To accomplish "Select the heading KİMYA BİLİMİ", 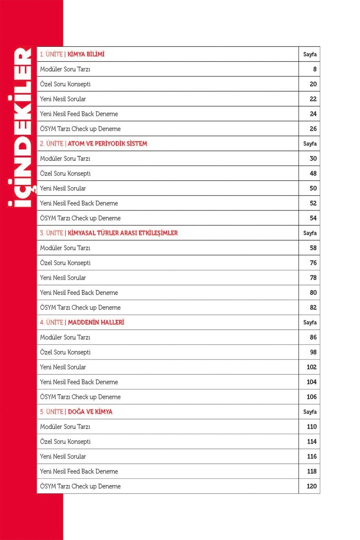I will [86, 54].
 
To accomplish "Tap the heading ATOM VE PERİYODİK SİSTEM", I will [107, 144].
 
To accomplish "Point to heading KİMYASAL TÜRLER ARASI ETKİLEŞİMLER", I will [123, 233].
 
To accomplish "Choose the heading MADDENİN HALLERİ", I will [96, 322].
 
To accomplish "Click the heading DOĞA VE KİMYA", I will [90, 412].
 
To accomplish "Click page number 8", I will [314, 69].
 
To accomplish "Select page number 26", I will [313, 129].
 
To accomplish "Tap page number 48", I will [313, 173].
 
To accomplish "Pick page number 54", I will [313, 218].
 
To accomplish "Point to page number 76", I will [313, 263].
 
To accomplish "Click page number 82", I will [313, 308].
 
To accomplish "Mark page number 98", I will [313, 352].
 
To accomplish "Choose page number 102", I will [311, 367].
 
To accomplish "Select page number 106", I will [311, 397].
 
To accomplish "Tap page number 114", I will [311, 442].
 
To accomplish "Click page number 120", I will [311, 486].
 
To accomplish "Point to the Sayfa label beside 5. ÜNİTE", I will [310, 412].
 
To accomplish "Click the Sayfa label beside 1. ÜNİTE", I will [310, 54].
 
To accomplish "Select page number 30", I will [313, 159].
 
